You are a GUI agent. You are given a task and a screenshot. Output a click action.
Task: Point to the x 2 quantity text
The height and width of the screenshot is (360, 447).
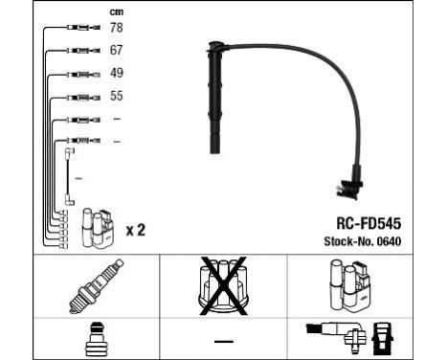click(x=136, y=231)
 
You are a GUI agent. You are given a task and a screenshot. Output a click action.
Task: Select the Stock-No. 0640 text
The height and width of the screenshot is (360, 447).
click(x=363, y=241)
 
